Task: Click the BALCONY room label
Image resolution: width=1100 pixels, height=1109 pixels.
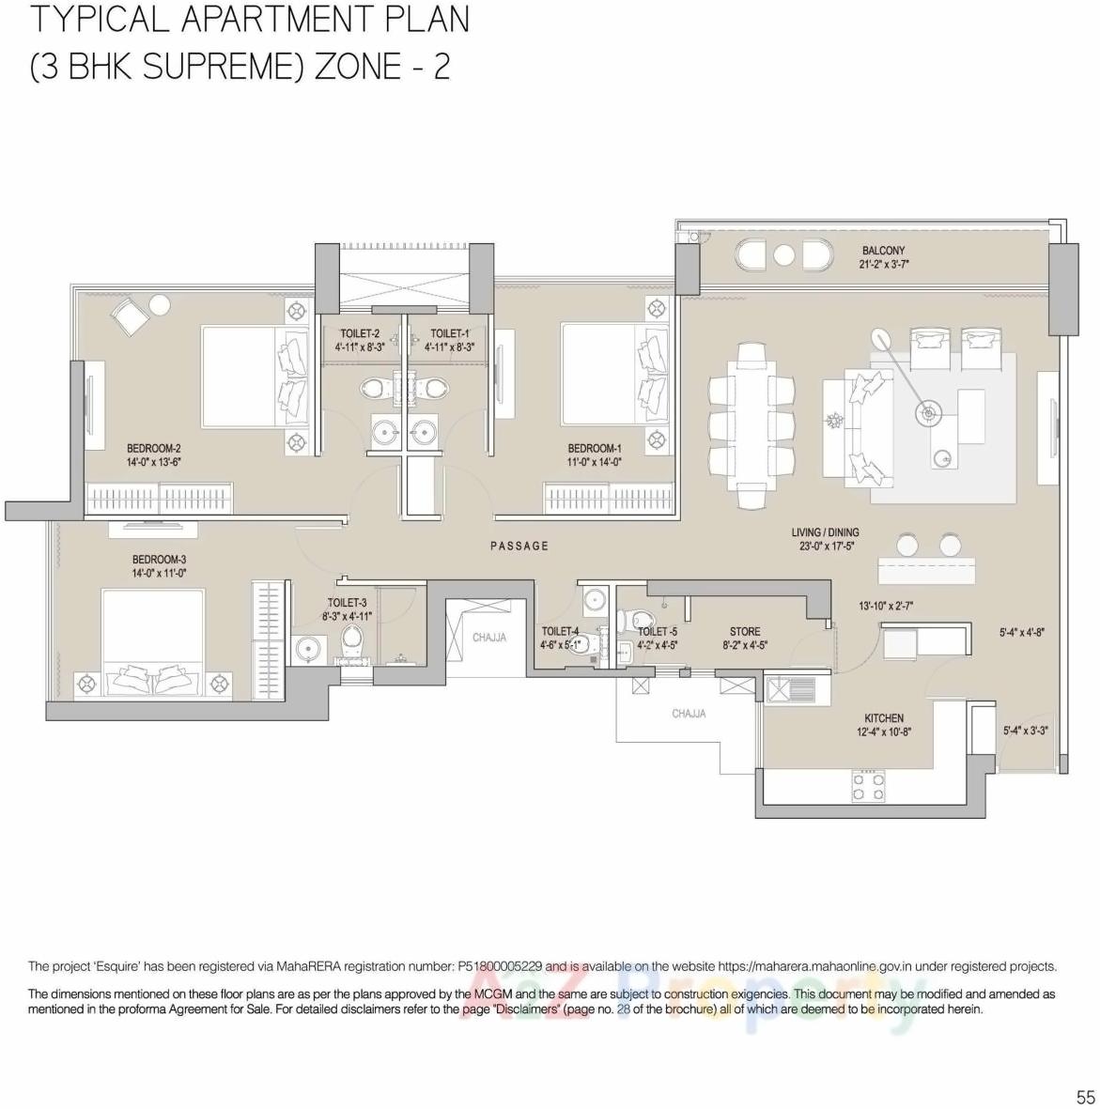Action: [883, 251]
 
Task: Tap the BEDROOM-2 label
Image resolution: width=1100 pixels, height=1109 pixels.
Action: [153, 449]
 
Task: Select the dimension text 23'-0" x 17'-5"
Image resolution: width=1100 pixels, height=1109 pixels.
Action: [824, 546]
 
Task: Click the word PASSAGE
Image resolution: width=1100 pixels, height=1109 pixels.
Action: [519, 546]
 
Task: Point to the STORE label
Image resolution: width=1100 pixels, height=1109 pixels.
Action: [745, 632]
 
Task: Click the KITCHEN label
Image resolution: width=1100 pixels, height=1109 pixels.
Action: [884, 718]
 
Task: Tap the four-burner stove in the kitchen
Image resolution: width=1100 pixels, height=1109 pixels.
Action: [867, 786]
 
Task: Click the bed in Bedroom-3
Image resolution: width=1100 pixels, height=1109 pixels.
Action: [153, 644]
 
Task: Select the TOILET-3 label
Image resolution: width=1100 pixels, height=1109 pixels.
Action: [347, 603]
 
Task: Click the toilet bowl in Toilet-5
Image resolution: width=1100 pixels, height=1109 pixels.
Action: [643, 620]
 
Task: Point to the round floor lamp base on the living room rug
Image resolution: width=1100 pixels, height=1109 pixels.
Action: [928, 412]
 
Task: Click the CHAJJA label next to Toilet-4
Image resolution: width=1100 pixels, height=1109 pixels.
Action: [488, 638]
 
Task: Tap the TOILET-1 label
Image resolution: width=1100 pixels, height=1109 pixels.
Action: [449, 333]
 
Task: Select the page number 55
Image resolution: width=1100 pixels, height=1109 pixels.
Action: [1085, 1097]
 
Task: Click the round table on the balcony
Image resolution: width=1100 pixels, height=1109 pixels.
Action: [784, 255]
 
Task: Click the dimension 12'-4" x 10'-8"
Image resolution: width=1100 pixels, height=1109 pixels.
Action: [884, 732]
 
